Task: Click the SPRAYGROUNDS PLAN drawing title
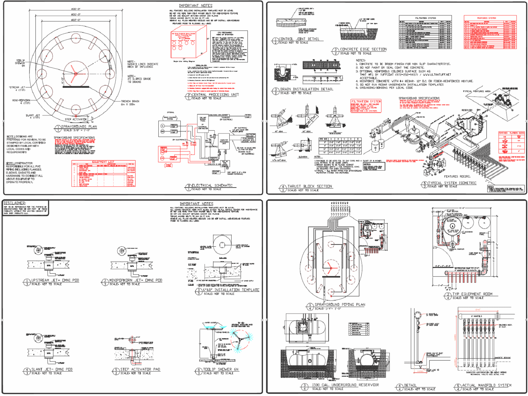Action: (x=79, y=127)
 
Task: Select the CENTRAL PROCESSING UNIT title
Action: (x=215, y=95)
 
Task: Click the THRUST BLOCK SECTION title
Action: (x=310, y=186)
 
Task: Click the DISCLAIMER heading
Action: (x=15, y=203)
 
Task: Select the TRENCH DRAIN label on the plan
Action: (x=130, y=101)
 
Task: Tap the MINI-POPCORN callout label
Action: (x=21, y=100)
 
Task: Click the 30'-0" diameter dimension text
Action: (x=76, y=9)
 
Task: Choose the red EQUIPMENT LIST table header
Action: (x=103, y=162)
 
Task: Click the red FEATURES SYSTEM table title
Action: (x=486, y=18)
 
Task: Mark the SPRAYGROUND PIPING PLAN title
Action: (x=340, y=304)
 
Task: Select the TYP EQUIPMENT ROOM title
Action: (x=472, y=294)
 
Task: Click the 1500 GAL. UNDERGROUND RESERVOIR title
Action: (x=345, y=385)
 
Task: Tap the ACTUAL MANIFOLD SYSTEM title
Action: (x=487, y=385)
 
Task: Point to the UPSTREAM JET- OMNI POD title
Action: (x=55, y=280)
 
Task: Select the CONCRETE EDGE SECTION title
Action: (x=363, y=49)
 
